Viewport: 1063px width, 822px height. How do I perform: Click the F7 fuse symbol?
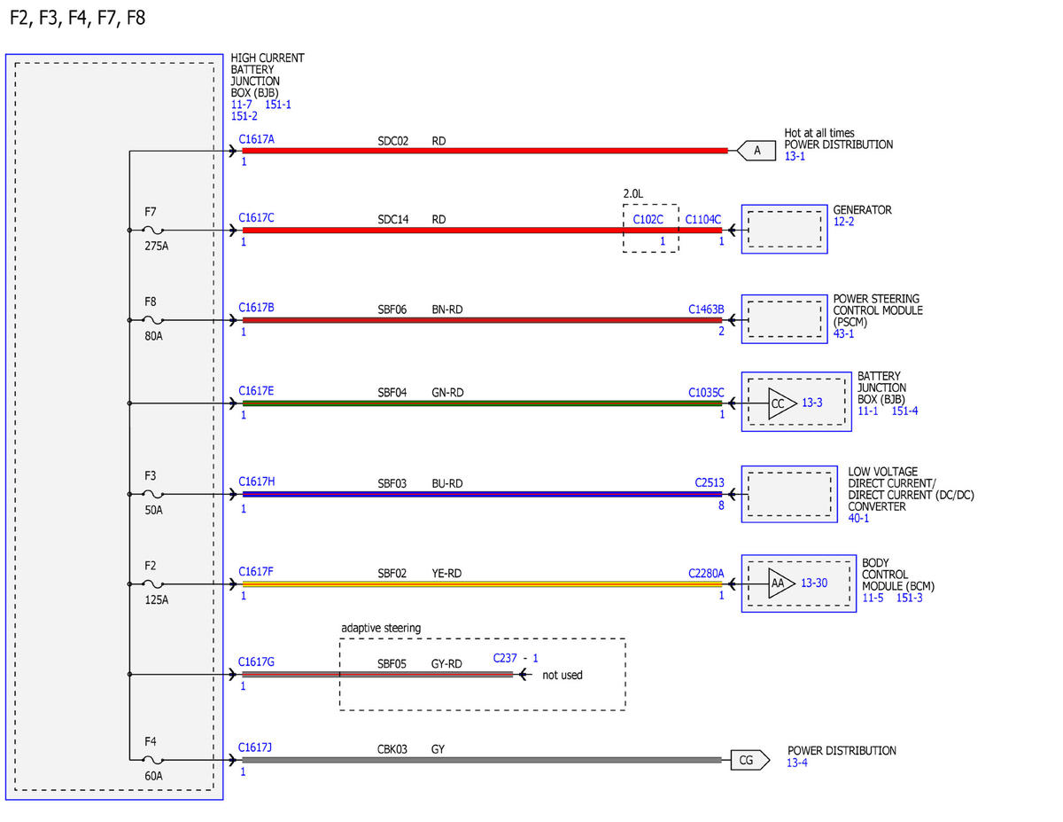pyautogui.click(x=152, y=230)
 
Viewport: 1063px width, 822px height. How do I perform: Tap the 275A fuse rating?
pyautogui.click(x=156, y=246)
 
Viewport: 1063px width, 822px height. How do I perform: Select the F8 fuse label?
pyautogui.click(x=151, y=301)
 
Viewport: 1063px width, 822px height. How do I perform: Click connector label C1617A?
pyautogui.click(x=256, y=139)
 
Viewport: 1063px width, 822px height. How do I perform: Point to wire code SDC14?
pyautogui.click(x=392, y=220)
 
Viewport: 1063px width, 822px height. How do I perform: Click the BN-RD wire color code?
pyautogui.click(x=447, y=309)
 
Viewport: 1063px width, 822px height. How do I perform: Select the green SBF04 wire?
pyautogui.click(x=483, y=403)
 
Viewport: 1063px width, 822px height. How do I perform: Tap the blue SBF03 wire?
pyautogui.click(x=483, y=494)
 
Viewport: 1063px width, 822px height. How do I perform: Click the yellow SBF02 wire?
pyautogui.click(x=483, y=584)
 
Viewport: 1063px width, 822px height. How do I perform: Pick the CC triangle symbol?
pyautogui.click(x=781, y=403)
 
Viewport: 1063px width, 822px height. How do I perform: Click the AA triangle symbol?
pyautogui.click(x=781, y=583)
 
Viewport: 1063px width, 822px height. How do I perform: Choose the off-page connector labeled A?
pyautogui.click(x=757, y=150)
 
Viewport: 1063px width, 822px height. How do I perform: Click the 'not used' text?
pyautogui.click(x=563, y=675)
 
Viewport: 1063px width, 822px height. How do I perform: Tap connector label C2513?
pyautogui.click(x=710, y=483)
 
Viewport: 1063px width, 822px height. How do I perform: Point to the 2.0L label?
pyautogui.click(x=633, y=194)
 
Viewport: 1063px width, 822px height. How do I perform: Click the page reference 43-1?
pyautogui.click(x=843, y=334)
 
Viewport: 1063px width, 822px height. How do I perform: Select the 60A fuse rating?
pyautogui.click(x=153, y=776)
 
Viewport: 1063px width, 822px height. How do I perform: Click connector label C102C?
pyautogui.click(x=648, y=220)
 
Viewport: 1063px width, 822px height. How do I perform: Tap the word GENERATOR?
pyautogui.click(x=862, y=210)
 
